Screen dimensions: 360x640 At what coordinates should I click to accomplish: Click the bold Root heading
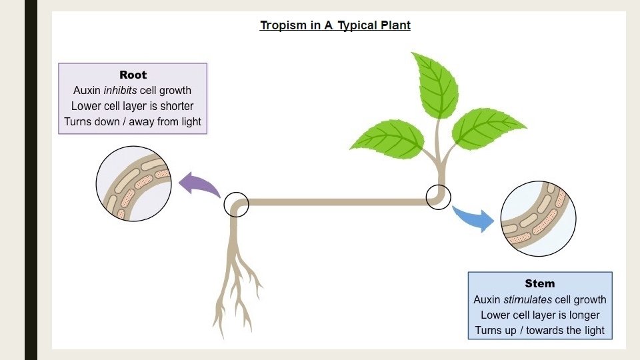tap(133, 75)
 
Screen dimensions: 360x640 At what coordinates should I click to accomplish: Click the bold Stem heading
tap(539, 283)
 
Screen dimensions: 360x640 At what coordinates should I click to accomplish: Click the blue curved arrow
tap(475, 218)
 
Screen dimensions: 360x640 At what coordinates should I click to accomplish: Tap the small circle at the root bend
tap(236, 205)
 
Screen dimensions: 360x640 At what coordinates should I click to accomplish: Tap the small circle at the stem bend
tap(438, 197)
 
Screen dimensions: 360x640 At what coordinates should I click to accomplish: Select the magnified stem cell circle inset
tap(538, 219)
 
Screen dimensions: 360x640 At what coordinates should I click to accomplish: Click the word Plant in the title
tap(395, 26)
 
